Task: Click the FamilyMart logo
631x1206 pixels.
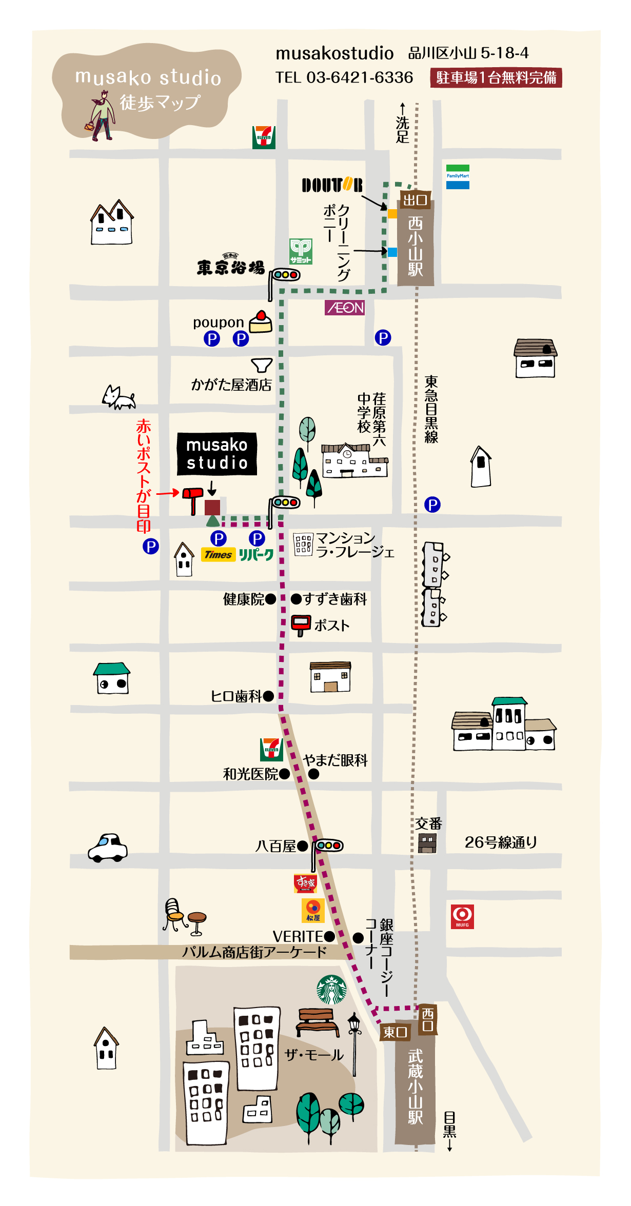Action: click(458, 177)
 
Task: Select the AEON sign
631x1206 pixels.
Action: click(345, 308)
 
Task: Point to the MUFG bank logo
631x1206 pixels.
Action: click(462, 916)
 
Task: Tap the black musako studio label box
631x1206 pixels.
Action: click(217, 454)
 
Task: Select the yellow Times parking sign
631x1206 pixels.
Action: click(219, 555)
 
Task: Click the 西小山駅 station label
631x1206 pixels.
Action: click(416, 246)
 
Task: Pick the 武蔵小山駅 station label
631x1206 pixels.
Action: click(415, 1087)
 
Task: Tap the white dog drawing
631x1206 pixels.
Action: click(119, 397)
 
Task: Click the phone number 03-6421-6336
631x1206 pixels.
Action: click(359, 77)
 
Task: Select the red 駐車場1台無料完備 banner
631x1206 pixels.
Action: click(496, 77)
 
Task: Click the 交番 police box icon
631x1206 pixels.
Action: click(427, 842)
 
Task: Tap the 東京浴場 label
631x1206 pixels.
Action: click(231, 267)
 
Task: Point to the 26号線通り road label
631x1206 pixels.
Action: click(501, 842)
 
